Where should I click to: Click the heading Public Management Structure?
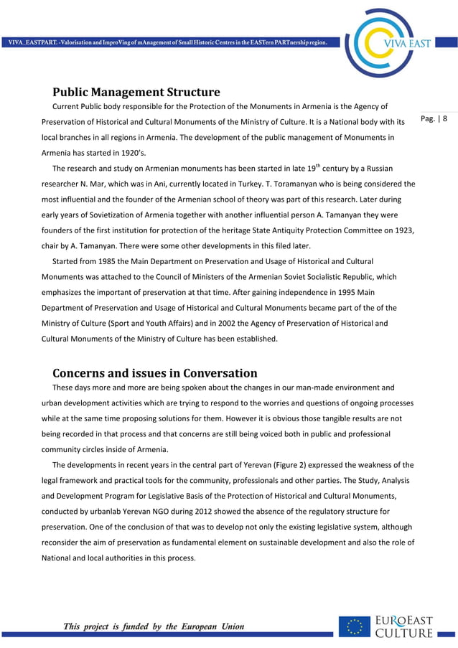point(136,92)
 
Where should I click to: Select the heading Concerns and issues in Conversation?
point(154,372)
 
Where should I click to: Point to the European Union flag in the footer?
point(355,626)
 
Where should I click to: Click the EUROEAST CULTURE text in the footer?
point(405,626)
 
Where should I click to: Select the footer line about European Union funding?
point(154,626)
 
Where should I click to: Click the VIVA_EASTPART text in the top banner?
point(33,43)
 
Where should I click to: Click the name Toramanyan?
point(292,183)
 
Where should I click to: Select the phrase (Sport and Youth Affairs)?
point(146,323)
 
